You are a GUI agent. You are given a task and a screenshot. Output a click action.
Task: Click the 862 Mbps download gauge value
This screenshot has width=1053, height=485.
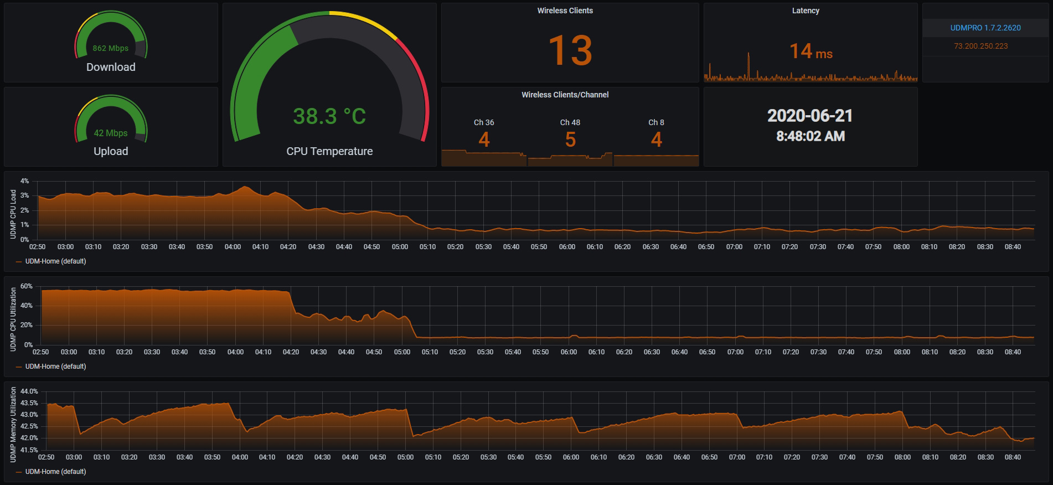(111, 48)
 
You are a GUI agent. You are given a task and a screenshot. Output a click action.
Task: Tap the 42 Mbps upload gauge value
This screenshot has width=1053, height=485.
(111, 133)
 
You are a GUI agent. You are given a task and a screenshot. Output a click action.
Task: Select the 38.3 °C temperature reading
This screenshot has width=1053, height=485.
(329, 116)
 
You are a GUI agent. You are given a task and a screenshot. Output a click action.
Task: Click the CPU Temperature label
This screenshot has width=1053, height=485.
(329, 151)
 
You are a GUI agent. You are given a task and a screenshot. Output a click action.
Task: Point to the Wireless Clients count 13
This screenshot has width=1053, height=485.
(570, 50)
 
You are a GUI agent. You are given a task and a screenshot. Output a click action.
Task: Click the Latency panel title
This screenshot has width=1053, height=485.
(806, 11)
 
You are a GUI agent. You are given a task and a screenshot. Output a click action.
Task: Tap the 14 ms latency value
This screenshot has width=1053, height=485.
(811, 52)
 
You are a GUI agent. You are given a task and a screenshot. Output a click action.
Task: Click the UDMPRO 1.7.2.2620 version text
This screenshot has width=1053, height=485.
(985, 28)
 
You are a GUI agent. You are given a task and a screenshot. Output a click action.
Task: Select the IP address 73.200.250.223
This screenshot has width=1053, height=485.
(980, 46)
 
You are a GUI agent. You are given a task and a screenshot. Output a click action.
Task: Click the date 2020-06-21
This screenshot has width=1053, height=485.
(810, 116)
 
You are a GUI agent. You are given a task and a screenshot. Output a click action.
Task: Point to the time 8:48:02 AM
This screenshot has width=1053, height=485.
(810, 136)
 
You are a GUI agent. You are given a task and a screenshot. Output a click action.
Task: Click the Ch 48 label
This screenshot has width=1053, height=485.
(570, 122)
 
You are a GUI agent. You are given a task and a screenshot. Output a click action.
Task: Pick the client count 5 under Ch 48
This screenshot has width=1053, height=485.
(570, 140)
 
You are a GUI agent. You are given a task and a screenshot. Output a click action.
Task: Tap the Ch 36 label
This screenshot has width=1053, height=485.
(484, 122)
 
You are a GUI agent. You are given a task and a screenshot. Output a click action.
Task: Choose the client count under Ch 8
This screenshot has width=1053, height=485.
(657, 140)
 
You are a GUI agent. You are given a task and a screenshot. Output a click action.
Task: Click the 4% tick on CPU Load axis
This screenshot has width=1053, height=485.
(24, 181)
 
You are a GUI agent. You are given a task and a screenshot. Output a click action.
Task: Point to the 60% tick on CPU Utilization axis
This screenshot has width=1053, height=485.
(26, 286)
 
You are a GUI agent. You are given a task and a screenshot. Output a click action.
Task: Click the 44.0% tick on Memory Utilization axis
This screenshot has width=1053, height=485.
(29, 391)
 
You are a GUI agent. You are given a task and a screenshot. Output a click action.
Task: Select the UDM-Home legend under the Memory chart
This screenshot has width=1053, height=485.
(55, 472)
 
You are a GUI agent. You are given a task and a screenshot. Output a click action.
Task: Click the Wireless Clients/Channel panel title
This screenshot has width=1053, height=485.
(565, 95)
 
